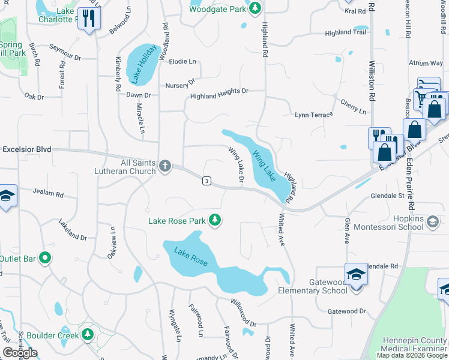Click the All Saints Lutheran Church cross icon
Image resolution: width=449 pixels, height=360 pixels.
[x=165, y=164]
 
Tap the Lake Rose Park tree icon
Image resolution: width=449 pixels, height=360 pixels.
[x=215, y=221]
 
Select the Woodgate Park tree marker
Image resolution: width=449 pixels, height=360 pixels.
[x=255, y=8]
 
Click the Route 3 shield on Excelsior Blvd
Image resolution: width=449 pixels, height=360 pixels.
[x=206, y=181]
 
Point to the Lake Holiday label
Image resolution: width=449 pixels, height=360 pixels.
[x=143, y=63]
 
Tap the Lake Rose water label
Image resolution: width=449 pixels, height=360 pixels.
[x=191, y=256]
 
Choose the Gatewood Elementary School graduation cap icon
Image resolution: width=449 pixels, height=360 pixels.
[x=356, y=274]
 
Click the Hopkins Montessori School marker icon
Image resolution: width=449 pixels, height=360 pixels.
[x=432, y=223]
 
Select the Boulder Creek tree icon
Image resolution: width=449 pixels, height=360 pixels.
[x=88, y=334]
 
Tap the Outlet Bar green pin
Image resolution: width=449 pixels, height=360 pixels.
[x=44, y=259]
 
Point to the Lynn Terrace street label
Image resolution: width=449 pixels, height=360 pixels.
[x=313, y=114]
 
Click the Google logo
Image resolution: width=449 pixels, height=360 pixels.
[x=20, y=352]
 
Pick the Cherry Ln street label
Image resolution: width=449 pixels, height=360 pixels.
[x=353, y=108]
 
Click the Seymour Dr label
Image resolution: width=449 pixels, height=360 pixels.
[x=65, y=52]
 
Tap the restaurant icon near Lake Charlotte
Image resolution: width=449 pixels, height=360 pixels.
[x=89, y=19]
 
